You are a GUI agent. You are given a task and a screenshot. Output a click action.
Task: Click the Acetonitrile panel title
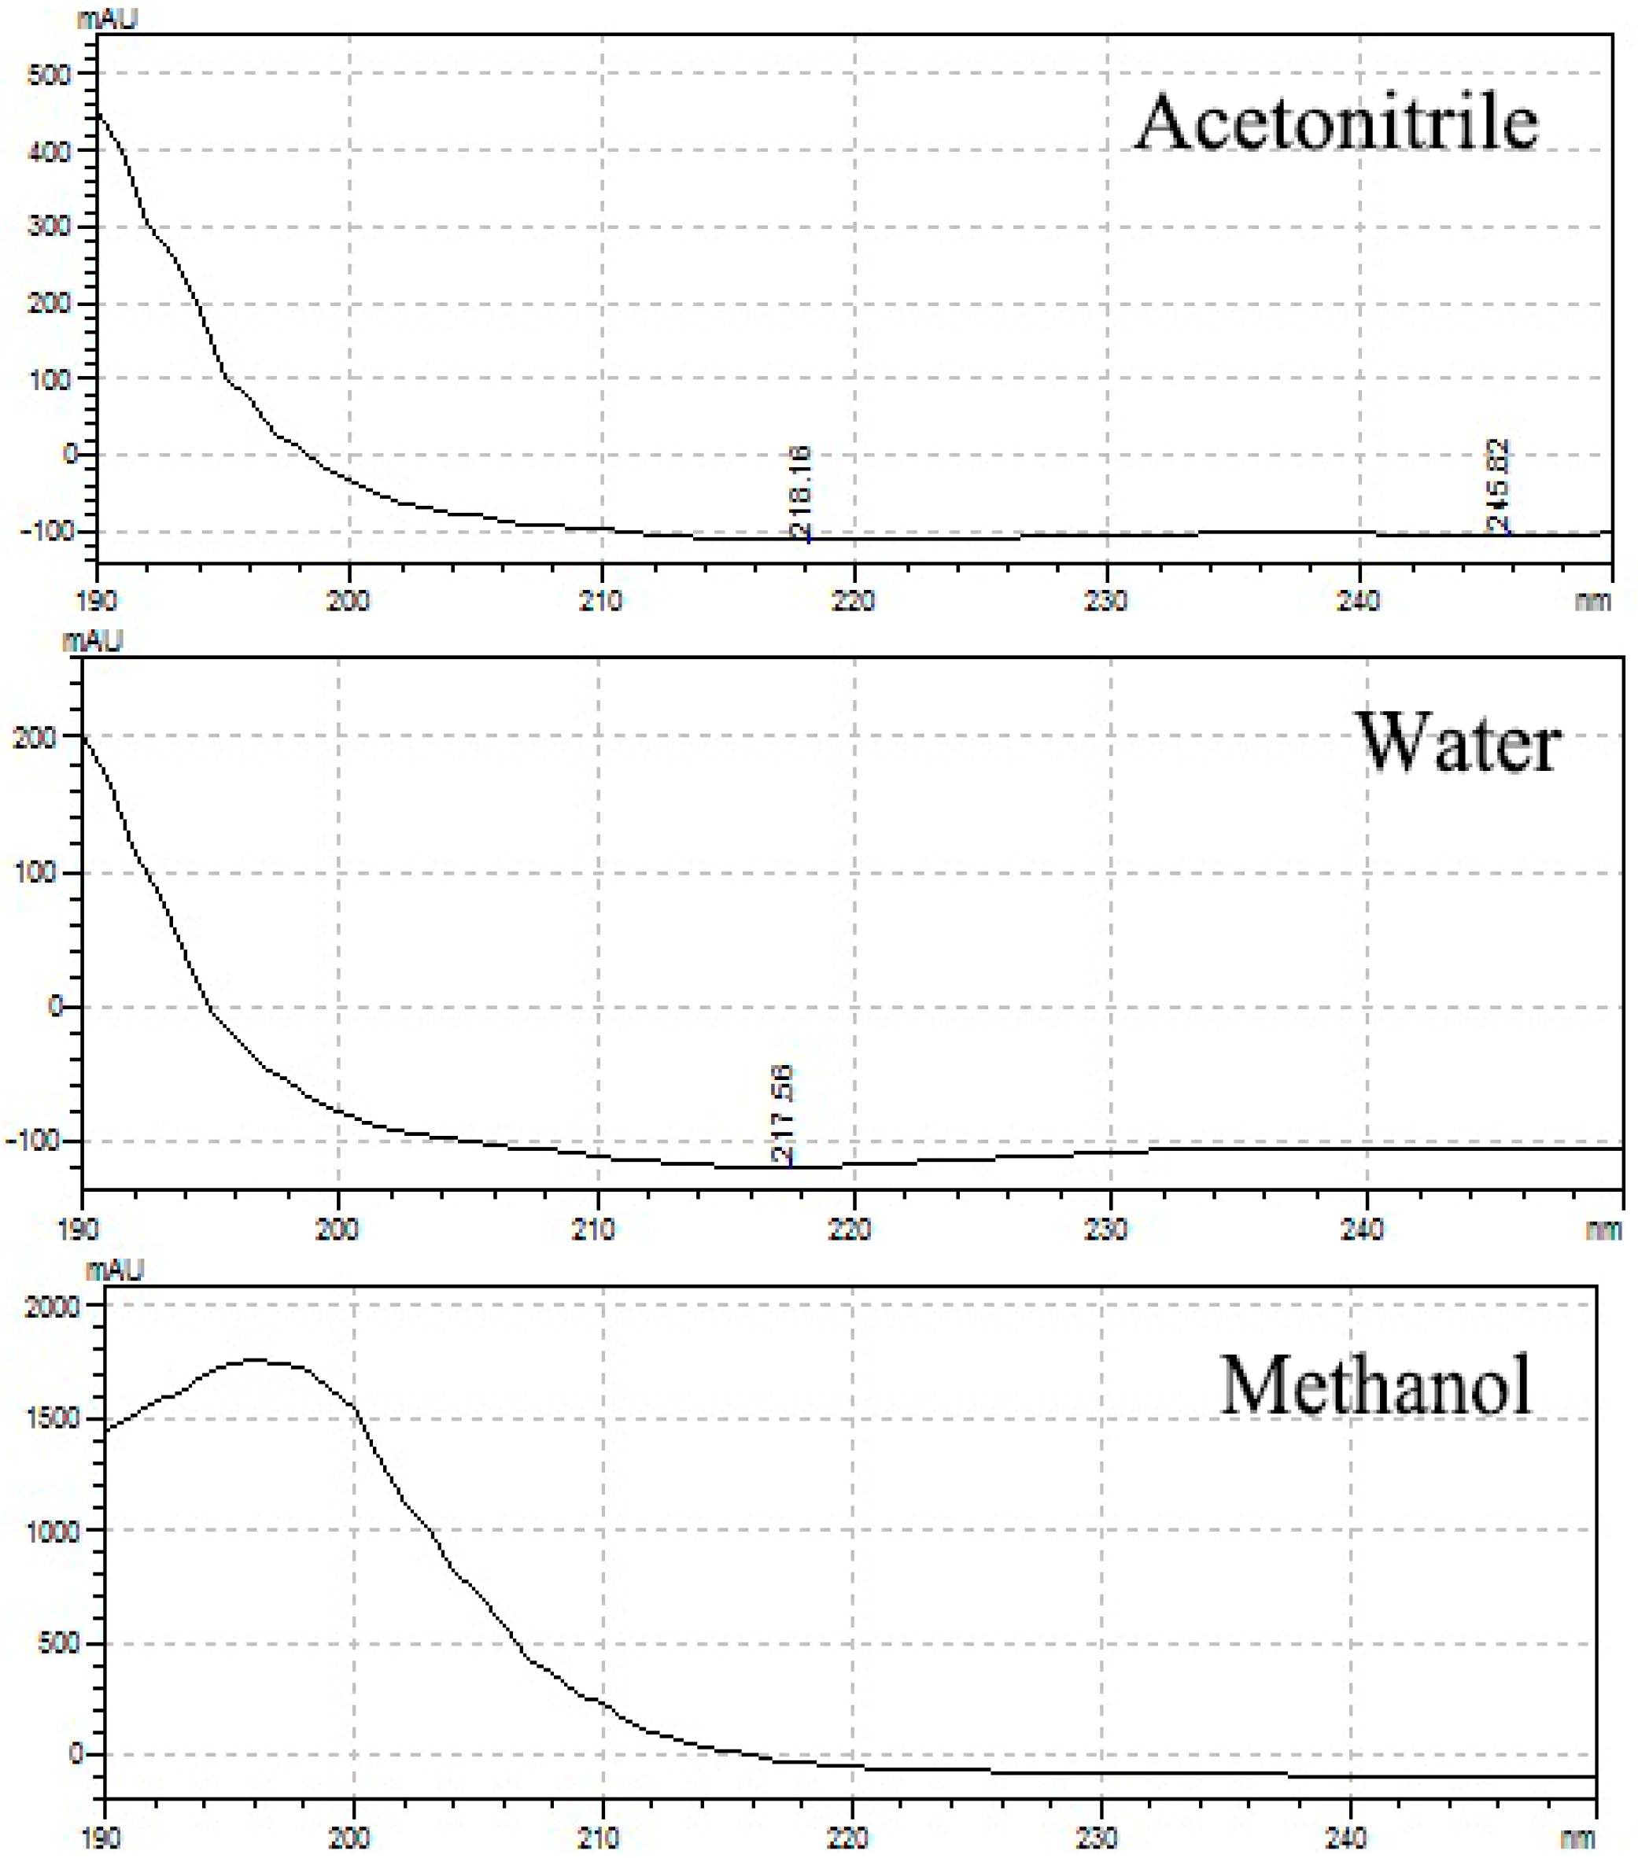pos(1336,124)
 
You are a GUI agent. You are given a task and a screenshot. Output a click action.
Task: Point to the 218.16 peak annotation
pos(801,492)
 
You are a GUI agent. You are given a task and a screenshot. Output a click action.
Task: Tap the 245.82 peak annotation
pos(1497,485)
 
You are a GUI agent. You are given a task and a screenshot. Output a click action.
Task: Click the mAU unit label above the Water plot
pos(92,642)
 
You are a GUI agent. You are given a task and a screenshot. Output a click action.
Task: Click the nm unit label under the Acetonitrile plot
pos(1592,601)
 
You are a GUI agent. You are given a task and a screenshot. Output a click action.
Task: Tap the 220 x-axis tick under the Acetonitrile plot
pos(853,601)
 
